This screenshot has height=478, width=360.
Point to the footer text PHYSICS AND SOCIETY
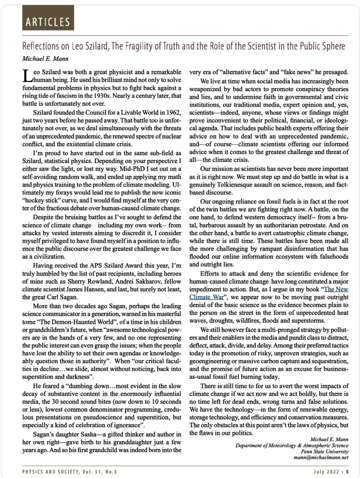(54, 471)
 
